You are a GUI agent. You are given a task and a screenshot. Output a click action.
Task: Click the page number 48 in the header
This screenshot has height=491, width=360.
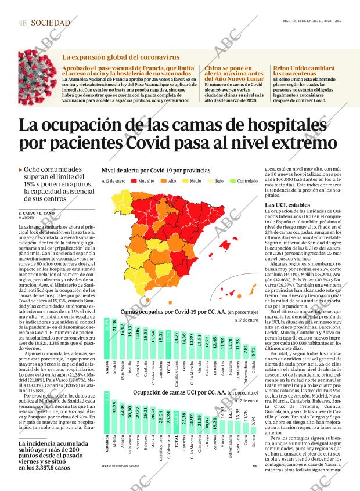pos(23,23)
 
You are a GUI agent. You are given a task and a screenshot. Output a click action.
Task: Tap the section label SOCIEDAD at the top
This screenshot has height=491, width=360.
pos(51,23)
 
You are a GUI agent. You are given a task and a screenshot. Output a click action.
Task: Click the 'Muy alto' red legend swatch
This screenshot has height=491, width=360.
pos(134,181)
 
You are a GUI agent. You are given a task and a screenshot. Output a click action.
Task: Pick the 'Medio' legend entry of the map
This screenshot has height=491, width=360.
pos(190,181)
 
